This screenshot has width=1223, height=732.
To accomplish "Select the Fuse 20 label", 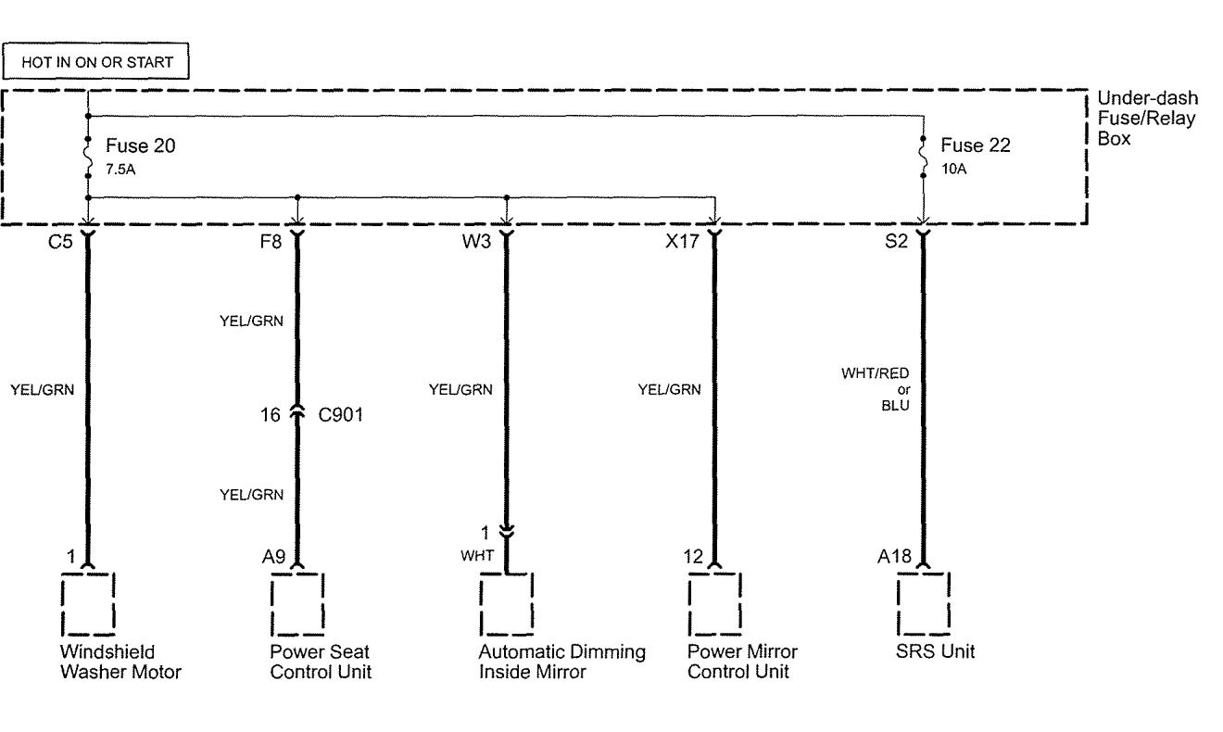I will (x=140, y=146).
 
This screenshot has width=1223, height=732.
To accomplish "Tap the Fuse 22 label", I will (x=976, y=146).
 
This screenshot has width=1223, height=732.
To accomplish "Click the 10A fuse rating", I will (x=953, y=170).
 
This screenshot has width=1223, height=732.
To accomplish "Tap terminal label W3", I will (x=478, y=247).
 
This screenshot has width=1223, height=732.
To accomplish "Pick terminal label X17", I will (x=681, y=247).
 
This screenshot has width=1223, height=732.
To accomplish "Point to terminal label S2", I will (x=896, y=247).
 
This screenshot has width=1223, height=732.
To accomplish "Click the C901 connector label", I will (x=341, y=414).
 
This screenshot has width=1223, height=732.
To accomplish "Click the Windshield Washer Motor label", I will (x=120, y=662).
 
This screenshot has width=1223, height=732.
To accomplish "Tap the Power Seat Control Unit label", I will (x=321, y=662).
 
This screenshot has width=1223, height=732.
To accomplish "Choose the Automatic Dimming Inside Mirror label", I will (x=561, y=662).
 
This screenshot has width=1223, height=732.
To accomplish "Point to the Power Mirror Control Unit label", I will (x=742, y=662).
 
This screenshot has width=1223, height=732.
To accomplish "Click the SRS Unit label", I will (x=936, y=651).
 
